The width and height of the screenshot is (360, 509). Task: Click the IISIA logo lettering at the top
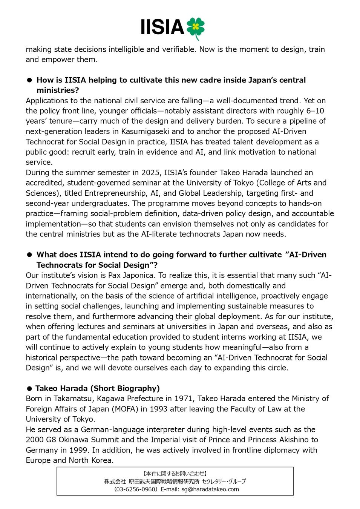pyautogui.click(x=162, y=28)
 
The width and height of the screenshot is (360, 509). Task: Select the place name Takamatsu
pyautogui.click(x=72, y=399)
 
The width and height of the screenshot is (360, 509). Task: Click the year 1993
pyautogui.click(x=158, y=409)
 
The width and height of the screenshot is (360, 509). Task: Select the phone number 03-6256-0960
pyautogui.click(x=135, y=489)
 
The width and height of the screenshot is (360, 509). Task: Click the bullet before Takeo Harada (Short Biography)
pyautogui.click(x=29, y=388)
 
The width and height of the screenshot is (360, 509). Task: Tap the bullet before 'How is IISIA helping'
pyautogui.click(x=29, y=80)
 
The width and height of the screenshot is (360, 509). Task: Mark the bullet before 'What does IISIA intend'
pyautogui.click(x=29, y=255)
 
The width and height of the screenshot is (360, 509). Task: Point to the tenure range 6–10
pyautogui.click(x=315, y=111)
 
